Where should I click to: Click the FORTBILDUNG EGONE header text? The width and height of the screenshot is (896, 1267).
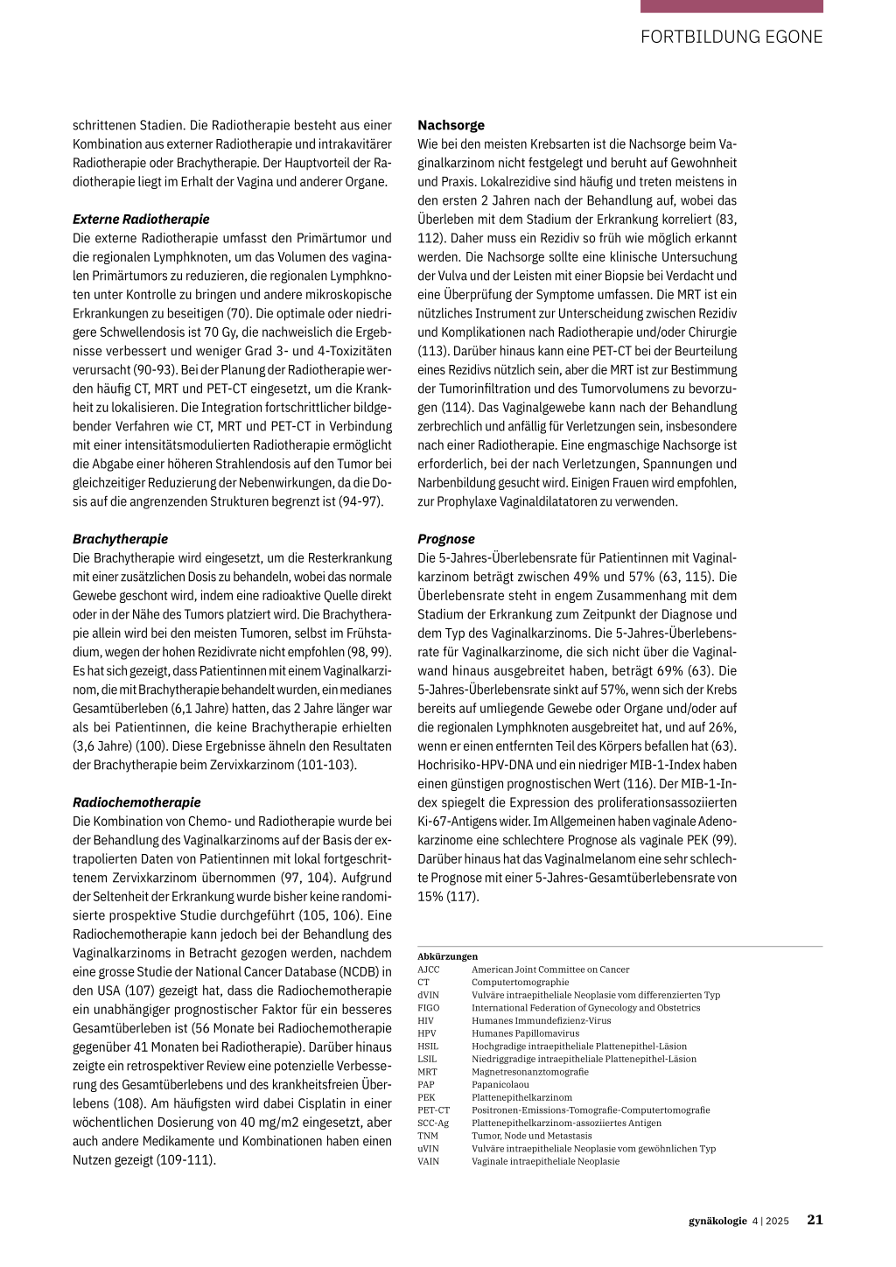click(x=731, y=37)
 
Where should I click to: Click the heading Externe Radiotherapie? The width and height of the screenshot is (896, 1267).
click(x=141, y=219)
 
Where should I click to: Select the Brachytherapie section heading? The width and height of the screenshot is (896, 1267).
click(x=120, y=539)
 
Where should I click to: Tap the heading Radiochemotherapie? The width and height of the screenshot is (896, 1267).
click(x=136, y=802)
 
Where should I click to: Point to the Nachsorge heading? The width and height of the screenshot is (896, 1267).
click(x=451, y=125)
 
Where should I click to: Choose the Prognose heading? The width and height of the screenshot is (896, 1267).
click(x=446, y=539)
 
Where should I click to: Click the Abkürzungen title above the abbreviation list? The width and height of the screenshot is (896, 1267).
click(x=447, y=956)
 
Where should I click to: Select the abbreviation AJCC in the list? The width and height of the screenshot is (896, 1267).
click(x=429, y=969)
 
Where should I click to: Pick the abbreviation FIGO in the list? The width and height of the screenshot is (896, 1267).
click(x=429, y=1008)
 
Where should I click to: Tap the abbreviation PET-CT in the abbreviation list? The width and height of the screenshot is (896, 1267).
click(x=433, y=1110)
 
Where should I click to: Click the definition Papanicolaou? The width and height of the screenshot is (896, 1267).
click(x=500, y=1085)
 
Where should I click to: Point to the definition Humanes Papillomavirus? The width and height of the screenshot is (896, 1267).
click(x=525, y=1033)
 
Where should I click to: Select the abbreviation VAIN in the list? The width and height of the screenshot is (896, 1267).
click(x=429, y=1162)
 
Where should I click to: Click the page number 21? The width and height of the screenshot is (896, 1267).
click(x=815, y=1221)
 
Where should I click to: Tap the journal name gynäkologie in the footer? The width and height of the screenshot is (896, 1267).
click(x=717, y=1221)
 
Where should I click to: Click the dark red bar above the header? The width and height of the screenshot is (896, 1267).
click(x=731, y=6)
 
